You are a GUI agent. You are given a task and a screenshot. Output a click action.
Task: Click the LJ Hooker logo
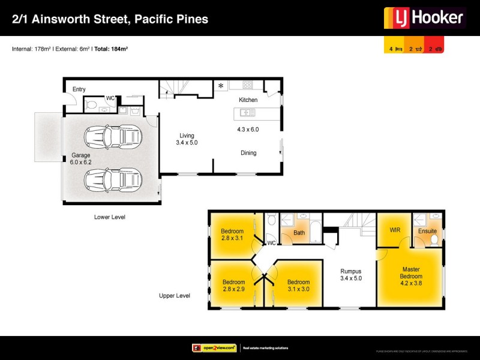(425, 18)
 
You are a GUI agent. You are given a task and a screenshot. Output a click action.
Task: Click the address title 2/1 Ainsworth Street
(110, 19)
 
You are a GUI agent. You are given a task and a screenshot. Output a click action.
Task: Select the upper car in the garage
(113, 137)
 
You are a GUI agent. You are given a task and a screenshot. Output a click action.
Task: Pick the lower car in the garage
(113, 178)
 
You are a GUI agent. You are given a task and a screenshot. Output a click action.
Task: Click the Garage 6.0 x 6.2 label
(81, 159)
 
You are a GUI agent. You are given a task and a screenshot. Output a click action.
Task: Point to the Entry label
(79, 89)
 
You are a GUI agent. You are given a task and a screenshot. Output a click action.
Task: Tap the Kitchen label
(248, 100)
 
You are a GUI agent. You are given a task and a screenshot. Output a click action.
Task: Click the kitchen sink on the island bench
(247, 112)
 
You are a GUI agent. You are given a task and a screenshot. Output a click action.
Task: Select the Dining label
(248, 153)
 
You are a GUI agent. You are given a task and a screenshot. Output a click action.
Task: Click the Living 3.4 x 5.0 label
(187, 139)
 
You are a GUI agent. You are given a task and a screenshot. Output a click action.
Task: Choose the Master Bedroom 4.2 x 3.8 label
(412, 276)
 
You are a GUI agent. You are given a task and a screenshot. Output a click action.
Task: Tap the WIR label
(395, 230)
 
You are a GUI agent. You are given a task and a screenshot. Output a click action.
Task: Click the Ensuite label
(427, 231)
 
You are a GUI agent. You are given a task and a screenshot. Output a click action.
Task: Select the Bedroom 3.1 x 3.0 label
(298, 286)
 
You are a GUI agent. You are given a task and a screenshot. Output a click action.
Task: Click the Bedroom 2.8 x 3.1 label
(232, 235)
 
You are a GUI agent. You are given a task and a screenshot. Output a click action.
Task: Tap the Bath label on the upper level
(299, 232)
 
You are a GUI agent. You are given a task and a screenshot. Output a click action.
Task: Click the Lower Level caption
(110, 217)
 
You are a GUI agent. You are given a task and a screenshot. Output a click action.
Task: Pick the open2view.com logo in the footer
(214, 348)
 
